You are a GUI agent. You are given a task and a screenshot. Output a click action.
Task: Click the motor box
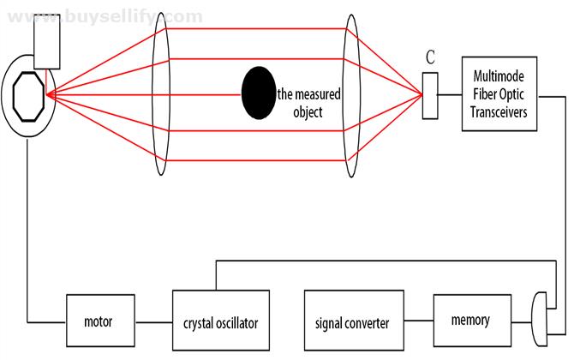(x=100, y=321)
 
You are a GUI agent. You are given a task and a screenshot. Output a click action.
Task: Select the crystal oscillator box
(x=221, y=321)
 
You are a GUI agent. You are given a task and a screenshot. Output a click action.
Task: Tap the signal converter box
(x=354, y=321)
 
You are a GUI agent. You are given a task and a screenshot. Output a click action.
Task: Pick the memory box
(x=472, y=321)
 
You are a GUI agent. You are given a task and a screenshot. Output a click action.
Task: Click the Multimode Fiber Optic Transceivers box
(x=499, y=93)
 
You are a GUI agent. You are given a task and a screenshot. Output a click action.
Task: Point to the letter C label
(x=430, y=57)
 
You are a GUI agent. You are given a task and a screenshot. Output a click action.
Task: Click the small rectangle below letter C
(x=430, y=96)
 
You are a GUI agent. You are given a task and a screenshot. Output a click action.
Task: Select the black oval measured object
(x=259, y=93)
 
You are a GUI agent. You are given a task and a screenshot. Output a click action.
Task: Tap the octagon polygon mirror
(x=28, y=97)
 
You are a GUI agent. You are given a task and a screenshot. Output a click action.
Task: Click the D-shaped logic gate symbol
(x=539, y=319)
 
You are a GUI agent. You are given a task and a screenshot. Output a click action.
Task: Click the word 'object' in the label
(x=308, y=112)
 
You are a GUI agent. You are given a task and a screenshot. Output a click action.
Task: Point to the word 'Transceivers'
(x=499, y=112)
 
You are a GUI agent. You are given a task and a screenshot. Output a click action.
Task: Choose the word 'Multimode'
(x=499, y=76)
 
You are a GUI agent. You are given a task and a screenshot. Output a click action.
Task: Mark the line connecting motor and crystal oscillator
(x=153, y=322)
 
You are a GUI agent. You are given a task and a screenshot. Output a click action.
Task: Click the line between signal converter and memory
(x=419, y=321)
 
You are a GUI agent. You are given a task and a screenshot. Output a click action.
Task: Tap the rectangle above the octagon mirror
(x=47, y=41)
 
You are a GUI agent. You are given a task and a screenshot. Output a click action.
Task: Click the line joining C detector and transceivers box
(x=450, y=95)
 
